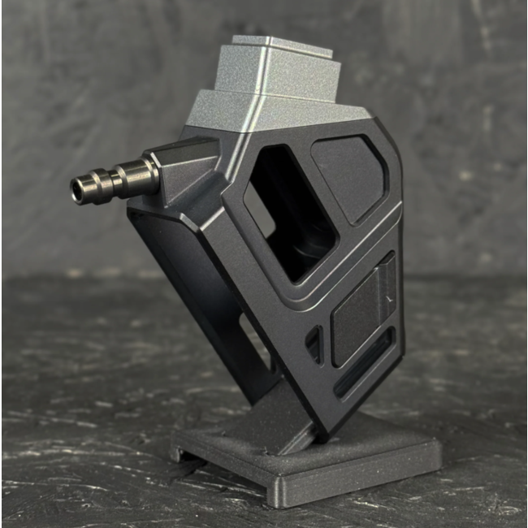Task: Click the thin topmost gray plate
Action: tap(280, 44)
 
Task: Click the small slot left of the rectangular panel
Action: tap(314, 344)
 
